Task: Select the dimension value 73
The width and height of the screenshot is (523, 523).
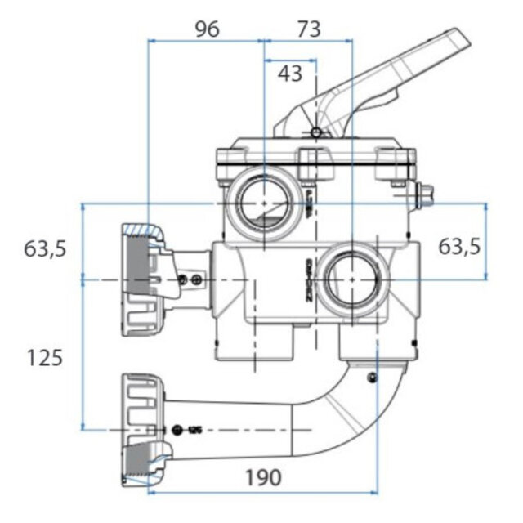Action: coord(307,29)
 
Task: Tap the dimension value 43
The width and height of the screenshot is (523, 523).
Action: coord(289,74)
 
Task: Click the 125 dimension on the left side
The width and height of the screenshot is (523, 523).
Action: coord(44,357)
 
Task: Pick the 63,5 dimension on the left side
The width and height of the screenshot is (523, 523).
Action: coord(44,249)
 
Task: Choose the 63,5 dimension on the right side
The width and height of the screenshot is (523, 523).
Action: coord(460,245)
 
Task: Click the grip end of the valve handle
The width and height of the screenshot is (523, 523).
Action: coord(445,49)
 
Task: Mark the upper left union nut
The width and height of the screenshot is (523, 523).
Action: coord(142,280)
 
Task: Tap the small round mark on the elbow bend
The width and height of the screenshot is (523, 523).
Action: coord(373,377)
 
